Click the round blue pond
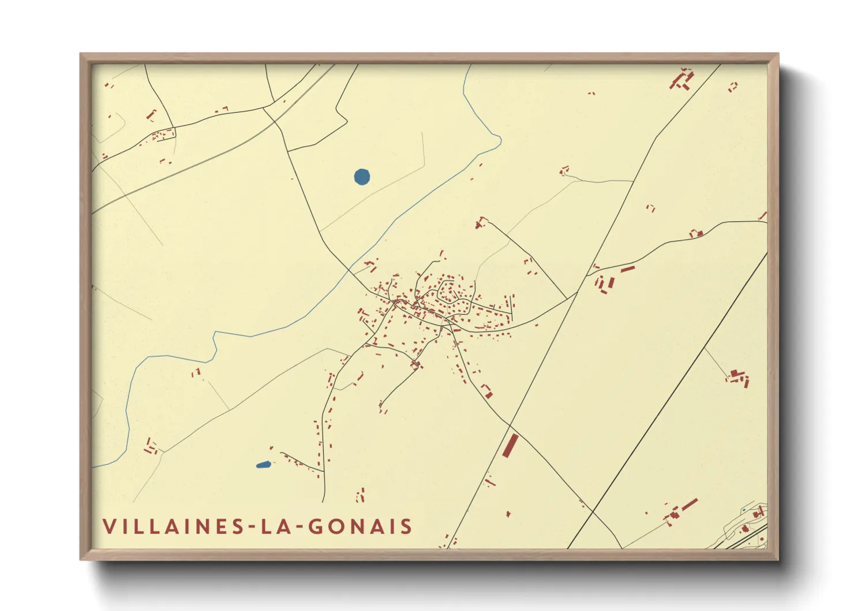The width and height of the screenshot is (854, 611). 362,176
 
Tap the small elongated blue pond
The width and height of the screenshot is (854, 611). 263,464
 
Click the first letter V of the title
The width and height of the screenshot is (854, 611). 108,527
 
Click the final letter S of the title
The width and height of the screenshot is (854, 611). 407,527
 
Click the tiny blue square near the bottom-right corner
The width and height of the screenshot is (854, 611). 744,511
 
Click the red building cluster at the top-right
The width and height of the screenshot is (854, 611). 682,80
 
